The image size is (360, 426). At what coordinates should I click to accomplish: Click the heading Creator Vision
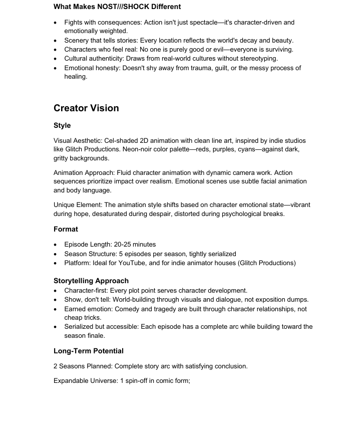(86, 108)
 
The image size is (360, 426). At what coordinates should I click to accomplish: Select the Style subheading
(62, 125)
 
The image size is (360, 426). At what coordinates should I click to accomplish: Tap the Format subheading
(66, 229)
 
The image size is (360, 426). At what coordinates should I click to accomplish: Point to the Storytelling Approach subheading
(91, 281)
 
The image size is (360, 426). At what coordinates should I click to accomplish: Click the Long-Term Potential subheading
(89, 351)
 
